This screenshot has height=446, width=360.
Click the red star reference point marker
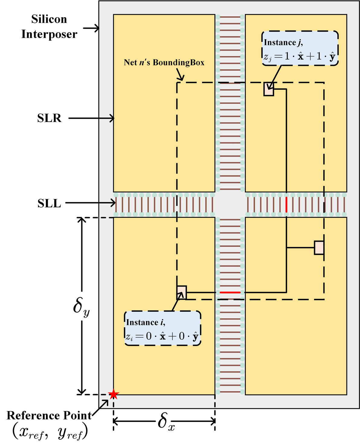point(114,394)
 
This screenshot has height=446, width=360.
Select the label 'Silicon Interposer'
point(49,27)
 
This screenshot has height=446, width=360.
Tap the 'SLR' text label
point(49,118)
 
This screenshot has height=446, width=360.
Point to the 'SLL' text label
point(49,204)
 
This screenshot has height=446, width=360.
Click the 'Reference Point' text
point(49,416)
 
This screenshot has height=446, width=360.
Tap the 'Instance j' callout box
point(300,48)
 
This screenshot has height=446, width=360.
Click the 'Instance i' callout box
point(162,328)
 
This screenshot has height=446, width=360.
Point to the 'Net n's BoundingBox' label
point(164,63)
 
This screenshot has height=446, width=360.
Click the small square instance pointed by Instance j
point(268,89)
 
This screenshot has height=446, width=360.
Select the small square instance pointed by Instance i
point(182,293)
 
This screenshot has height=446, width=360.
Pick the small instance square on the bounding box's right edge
point(319,248)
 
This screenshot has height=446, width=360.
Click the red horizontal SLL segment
point(230,293)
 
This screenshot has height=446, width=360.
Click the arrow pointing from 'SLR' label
point(92,118)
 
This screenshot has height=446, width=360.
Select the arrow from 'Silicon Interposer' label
point(91,28)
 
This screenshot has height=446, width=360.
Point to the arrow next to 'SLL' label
point(90,203)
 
